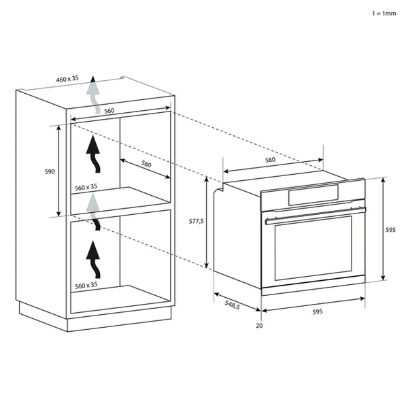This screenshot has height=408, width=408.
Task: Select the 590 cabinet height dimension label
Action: [x=50, y=171]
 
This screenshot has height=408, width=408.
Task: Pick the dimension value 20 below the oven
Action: [x=259, y=325]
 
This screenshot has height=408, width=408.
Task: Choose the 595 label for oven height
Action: [x=390, y=231]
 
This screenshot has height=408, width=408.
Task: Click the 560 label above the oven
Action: [x=270, y=160]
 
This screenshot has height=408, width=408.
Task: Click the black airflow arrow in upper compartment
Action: [x=92, y=154]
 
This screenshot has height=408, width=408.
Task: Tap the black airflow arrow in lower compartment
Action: [x=92, y=258]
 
